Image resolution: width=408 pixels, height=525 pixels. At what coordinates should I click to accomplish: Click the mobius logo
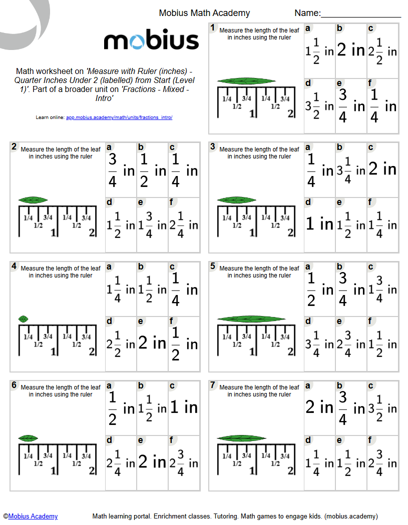[x=151, y=41]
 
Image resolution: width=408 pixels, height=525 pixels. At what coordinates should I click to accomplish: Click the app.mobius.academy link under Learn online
[x=119, y=117]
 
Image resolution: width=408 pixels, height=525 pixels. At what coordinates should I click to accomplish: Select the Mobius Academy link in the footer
[x=33, y=516]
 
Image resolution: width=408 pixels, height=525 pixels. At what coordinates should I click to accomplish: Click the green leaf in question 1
[x=243, y=81]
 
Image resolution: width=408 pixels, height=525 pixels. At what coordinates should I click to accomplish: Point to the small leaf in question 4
[x=23, y=319]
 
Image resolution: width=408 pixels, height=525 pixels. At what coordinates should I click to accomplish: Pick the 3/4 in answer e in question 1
[x=350, y=105]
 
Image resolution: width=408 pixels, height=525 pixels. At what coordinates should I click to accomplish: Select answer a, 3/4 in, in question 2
[x=121, y=170]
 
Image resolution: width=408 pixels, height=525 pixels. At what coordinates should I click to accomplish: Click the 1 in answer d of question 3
[x=319, y=224]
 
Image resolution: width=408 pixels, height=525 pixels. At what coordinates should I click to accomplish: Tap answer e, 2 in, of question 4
[x=152, y=343]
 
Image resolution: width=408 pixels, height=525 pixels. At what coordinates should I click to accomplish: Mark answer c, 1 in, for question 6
[x=184, y=407]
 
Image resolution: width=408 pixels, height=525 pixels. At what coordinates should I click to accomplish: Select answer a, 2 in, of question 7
[x=319, y=407]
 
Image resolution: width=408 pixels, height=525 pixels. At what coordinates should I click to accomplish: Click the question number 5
[x=213, y=266]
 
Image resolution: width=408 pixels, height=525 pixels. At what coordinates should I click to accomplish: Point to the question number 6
[x=14, y=385]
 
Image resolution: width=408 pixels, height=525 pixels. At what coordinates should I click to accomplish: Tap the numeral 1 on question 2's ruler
[x=53, y=232]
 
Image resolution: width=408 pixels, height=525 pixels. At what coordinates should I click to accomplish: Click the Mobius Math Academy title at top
[x=204, y=13]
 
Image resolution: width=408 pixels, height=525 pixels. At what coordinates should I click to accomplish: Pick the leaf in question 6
[x=29, y=438]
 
